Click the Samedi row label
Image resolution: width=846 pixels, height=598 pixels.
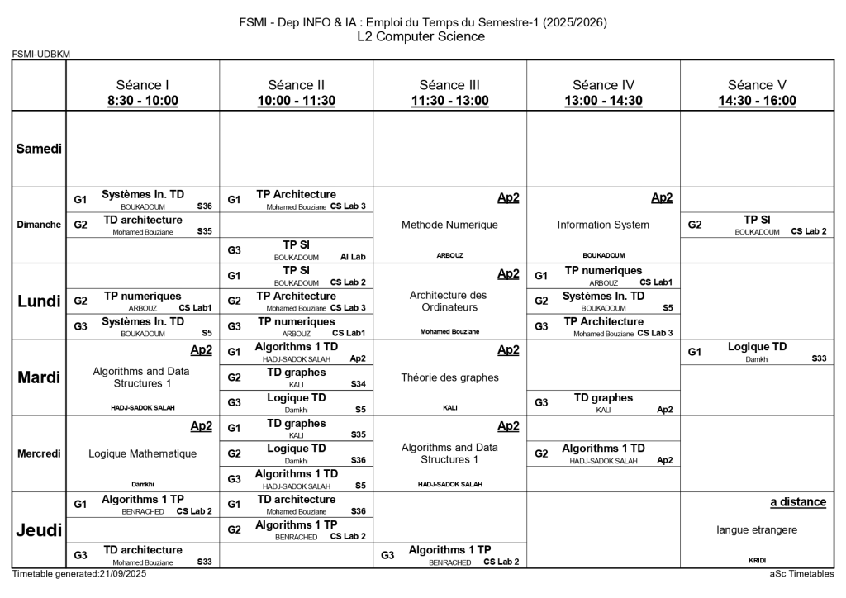tap(39, 149)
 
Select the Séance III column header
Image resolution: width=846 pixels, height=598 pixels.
tap(449, 84)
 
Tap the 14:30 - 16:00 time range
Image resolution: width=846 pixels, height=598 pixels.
tap(757, 101)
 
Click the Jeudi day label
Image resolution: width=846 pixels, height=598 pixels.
tap(39, 530)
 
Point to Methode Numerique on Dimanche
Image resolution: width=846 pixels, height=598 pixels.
tap(449, 225)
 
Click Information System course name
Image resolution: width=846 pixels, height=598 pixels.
tap(603, 225)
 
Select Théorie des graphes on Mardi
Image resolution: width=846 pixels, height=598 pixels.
tap(449, 377)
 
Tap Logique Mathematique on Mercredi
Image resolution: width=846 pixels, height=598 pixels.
tap(142, 453)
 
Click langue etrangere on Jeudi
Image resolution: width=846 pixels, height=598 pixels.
tap(757, 529)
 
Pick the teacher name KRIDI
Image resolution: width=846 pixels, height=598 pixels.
tap(757, 560)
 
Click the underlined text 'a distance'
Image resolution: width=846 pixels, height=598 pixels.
tap(797, 502)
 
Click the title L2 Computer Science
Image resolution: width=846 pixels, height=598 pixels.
tap(421, 37)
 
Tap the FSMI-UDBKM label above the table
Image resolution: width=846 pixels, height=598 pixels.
tap(41, 55)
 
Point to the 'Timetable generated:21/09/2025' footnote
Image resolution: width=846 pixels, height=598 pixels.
tap(79, 573)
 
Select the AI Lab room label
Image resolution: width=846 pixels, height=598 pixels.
tap(353, 257)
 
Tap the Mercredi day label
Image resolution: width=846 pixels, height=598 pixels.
tap(39, 453)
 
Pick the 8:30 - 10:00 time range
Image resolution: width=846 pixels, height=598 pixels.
tap(142, 101)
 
